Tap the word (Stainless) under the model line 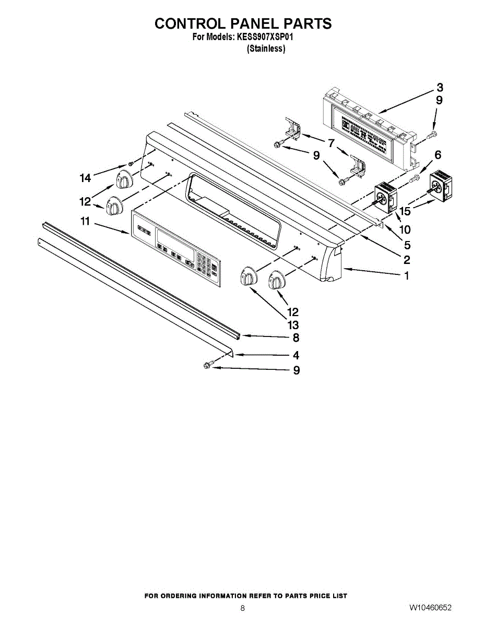click(266, 49)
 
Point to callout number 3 click(440, 87)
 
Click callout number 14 click(85, 178)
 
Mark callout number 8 click(296, 338)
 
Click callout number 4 click(296, 355)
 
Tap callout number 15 click(404, 211)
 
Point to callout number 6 click(438, 154)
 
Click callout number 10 click(405, 229)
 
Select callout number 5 click(407, 245)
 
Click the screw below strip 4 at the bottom click(207, 366)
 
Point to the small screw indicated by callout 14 click(132, 163)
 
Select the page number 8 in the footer click(242, 608)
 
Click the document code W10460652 click(430, 608)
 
